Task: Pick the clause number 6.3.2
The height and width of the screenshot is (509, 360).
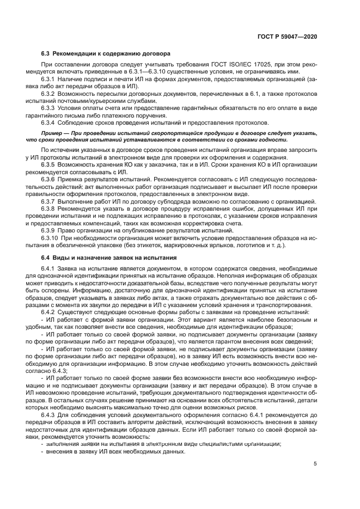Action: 49,95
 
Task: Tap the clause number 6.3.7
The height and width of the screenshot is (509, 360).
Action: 49,201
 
